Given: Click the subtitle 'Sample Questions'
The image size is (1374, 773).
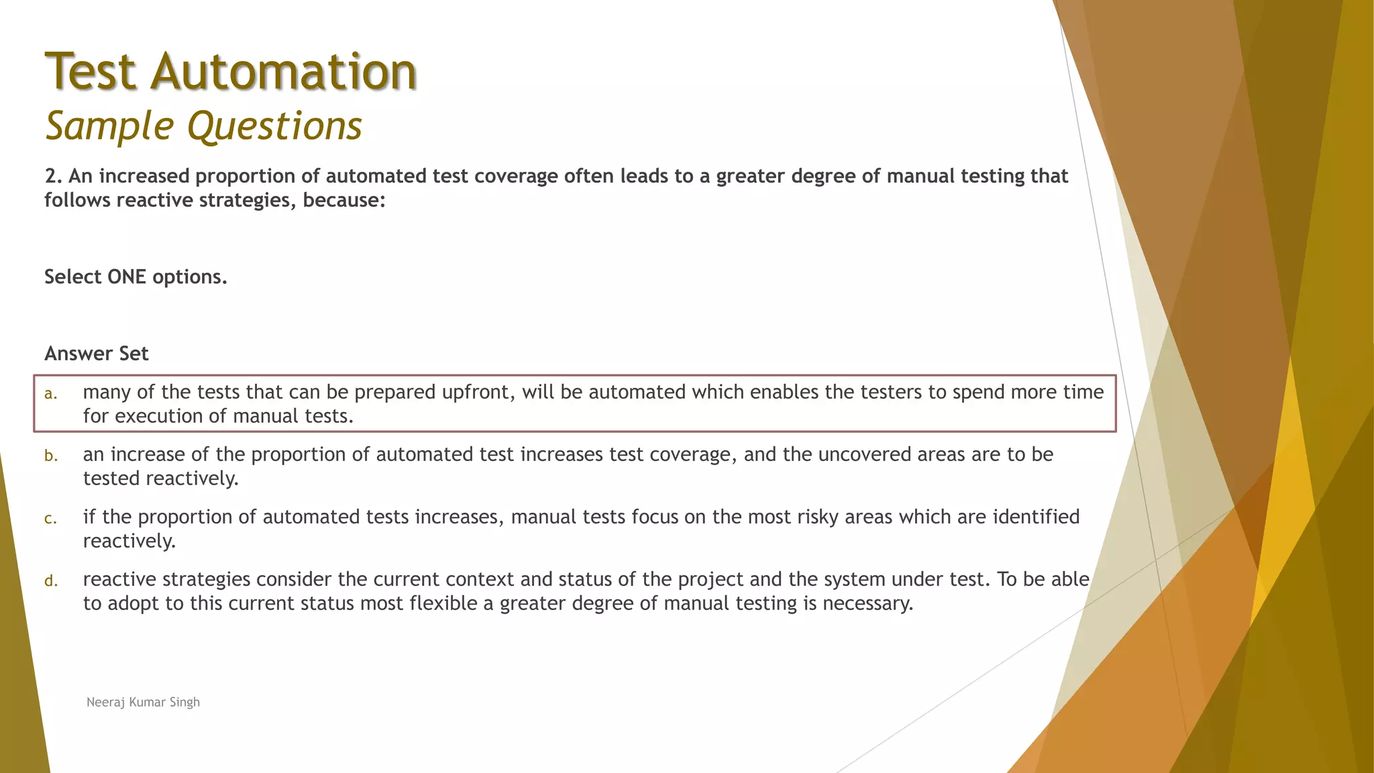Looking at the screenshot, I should point(203,125).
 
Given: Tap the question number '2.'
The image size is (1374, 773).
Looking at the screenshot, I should point(54,176).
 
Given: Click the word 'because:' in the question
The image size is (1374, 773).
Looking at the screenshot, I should point(344,200).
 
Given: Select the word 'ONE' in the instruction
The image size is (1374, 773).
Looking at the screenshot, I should point(131,276).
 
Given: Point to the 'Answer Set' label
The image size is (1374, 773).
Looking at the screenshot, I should point(97,354).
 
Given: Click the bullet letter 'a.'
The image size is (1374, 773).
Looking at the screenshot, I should point(51,394).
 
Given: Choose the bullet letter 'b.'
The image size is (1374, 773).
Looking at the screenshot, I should point(51,456).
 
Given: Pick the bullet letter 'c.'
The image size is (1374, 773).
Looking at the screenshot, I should point(51,519).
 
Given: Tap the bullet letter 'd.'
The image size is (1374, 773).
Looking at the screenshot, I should point(51,581).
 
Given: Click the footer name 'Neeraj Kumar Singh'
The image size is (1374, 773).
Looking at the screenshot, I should point(143,702).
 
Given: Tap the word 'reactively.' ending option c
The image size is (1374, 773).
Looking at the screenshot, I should point(129,541).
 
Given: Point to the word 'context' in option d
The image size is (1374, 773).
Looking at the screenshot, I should point(480,579).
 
